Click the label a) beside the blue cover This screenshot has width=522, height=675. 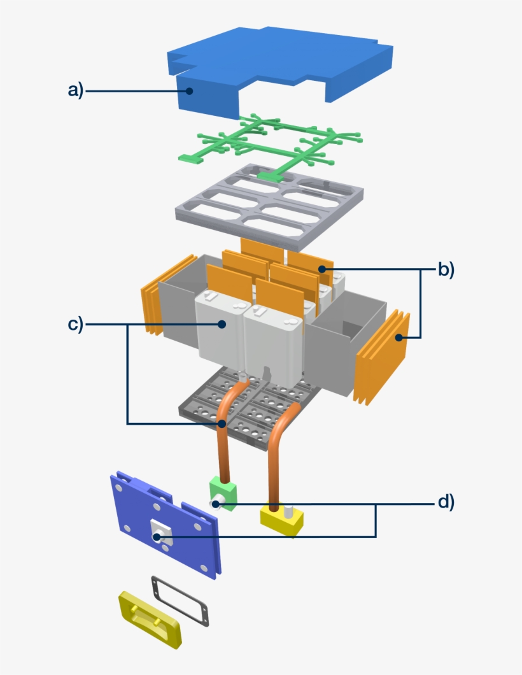pos(75,91)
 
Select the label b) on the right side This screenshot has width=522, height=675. pos(446,269)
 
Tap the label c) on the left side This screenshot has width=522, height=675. pos(75,324)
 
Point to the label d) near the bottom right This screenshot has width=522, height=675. pos(446,502)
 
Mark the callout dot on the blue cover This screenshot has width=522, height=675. pos(189,91)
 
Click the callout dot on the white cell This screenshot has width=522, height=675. pos(222,324)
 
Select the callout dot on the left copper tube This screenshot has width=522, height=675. pos(222,423)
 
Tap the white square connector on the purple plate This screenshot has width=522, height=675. pos(159,532)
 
